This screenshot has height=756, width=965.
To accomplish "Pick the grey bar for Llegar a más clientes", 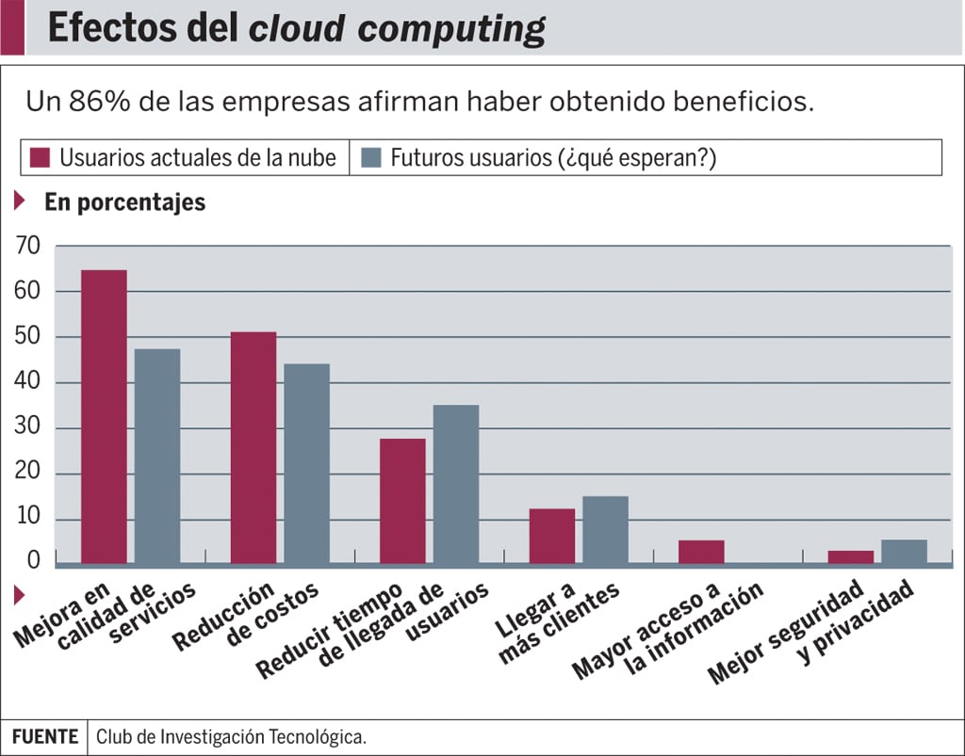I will click(605, 530).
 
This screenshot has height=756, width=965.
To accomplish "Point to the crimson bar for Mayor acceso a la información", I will click(701, 552).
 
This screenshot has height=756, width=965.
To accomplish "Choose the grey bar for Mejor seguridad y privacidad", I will click(904, 552).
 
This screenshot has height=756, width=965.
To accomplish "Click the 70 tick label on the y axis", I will click(28, 247).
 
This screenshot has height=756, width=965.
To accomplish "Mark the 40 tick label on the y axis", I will click(28, 383).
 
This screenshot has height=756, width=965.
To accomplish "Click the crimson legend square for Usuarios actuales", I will click(40, 157).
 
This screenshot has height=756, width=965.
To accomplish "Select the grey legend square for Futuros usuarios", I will click(370, 157).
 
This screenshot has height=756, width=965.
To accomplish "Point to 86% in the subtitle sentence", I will click(99, 102).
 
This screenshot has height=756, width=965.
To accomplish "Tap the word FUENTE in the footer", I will click(44, 737).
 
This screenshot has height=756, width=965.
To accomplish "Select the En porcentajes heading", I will click(124, 201).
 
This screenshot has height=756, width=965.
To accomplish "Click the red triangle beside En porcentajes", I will click(19, 201).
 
